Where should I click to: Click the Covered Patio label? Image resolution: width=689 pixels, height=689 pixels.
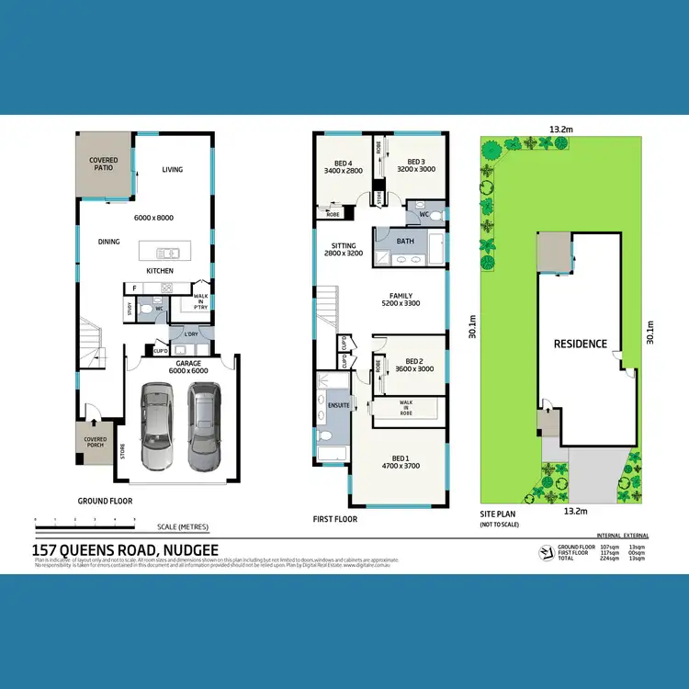click(x=103, y=164)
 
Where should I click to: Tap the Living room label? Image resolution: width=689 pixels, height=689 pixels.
click(x=173, y=170)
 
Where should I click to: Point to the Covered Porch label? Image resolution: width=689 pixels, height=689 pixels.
click(x=96, y=443)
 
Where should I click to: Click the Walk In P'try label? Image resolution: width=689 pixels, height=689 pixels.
click(x=201, y=301)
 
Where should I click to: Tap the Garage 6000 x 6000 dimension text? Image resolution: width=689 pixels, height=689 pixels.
click(x=184, y=367)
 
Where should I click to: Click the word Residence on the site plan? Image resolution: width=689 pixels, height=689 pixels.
click(x=580, y=344)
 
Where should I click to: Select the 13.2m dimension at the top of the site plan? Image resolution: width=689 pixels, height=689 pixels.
click(x=561, y=130)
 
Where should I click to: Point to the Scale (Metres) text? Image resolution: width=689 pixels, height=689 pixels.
click(x=183, y=526)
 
